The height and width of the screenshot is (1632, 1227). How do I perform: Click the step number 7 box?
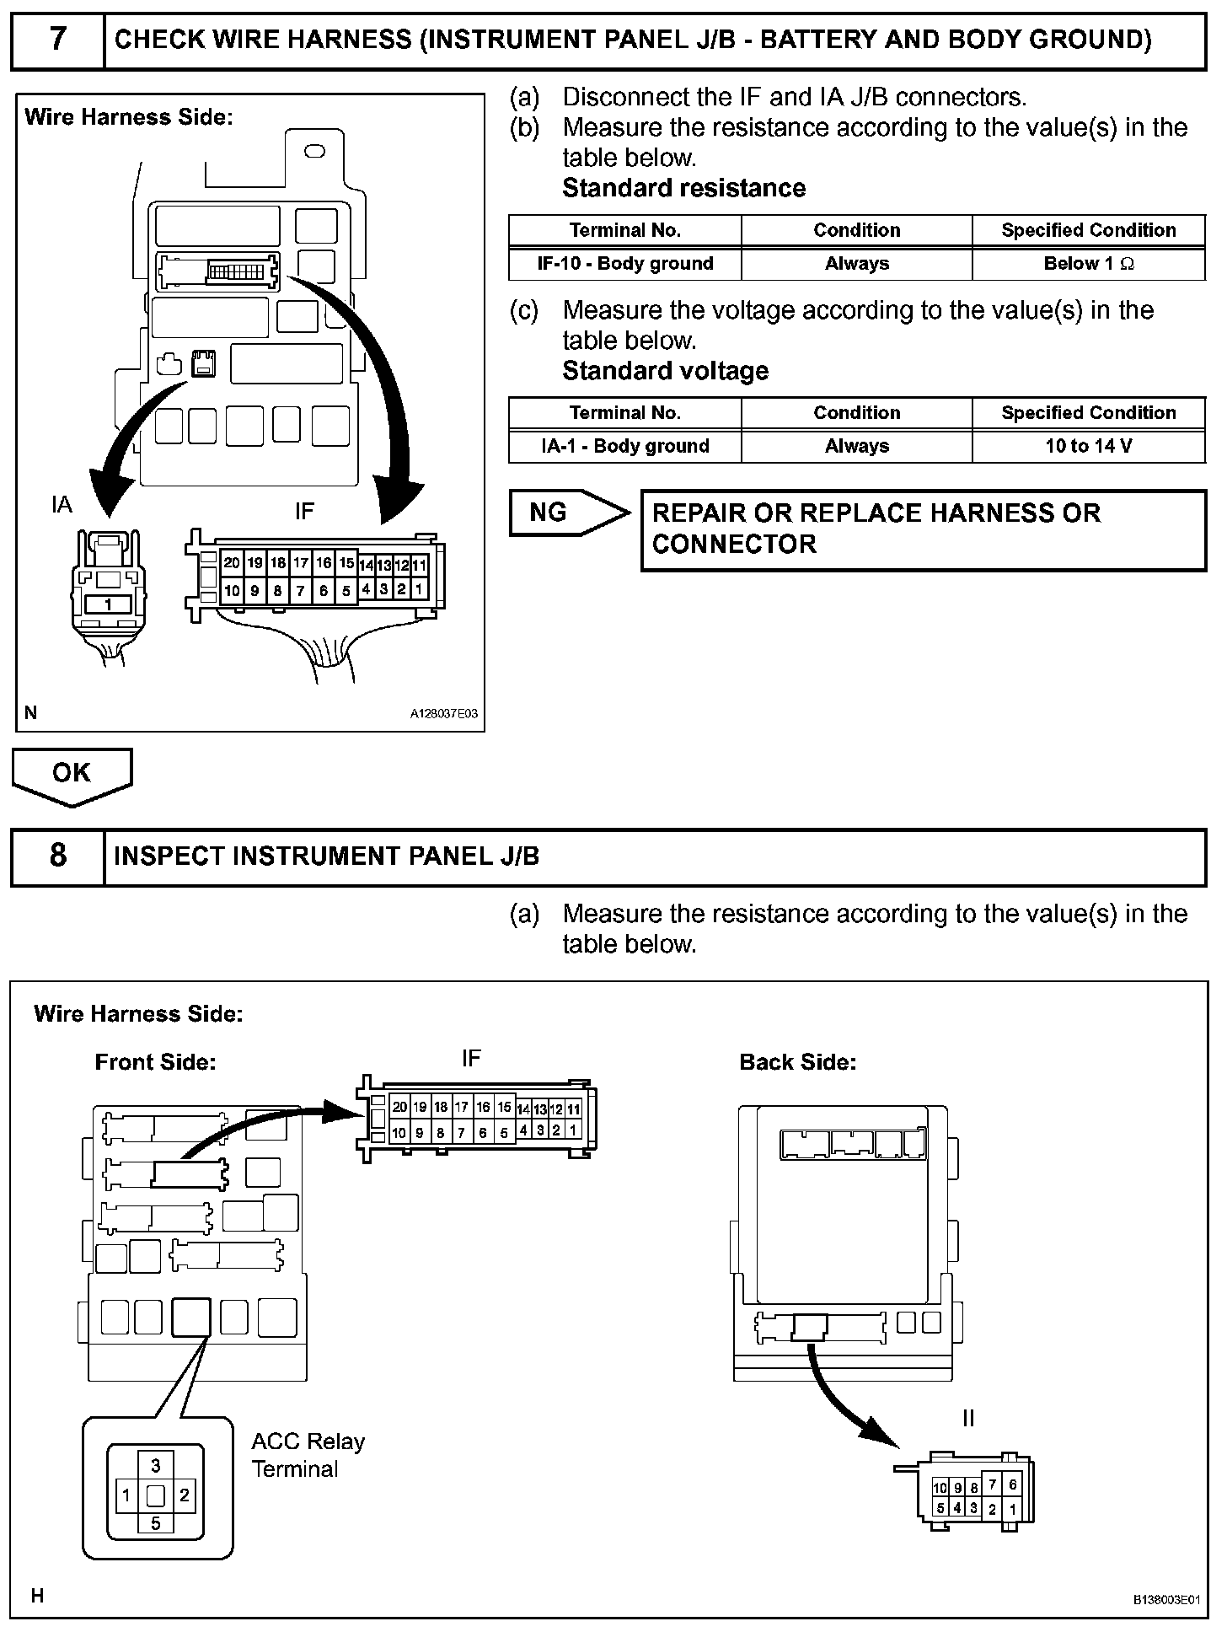[x=57, y=40]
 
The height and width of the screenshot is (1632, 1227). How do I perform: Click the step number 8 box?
[x=57, y=856]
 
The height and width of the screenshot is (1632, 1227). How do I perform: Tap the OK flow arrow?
[x=72, y=774]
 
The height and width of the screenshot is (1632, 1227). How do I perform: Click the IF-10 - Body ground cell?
[x=624, y=264]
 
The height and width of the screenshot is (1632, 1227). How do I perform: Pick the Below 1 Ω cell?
[x=1088, y=264]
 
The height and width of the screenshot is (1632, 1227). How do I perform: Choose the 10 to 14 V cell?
[x=1088, y=446]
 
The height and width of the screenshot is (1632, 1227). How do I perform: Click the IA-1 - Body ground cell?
[x=624, y=446]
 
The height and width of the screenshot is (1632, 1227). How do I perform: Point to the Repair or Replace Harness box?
[x=923, y=529]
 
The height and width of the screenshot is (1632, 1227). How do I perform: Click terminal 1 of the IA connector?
[x=108, y=604]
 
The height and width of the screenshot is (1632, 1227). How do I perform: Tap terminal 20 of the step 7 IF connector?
[x=232, y=563]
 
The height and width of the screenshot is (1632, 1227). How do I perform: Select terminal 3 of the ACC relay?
[x=155, y=1466]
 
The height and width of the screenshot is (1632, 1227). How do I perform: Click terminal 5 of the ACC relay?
[x=155, y=1523]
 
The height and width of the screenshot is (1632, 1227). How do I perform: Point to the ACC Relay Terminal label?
[x=308, y=1455]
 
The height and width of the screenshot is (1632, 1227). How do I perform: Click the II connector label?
[x=968, y=1418]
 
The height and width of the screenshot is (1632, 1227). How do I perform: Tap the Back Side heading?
[x=797, y=1062]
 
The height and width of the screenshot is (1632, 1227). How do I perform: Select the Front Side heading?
[x=155, y=1062]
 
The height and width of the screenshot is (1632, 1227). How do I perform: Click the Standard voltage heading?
[x=665, y=371]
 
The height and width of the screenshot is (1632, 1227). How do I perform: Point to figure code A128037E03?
[x=443, y=714]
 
